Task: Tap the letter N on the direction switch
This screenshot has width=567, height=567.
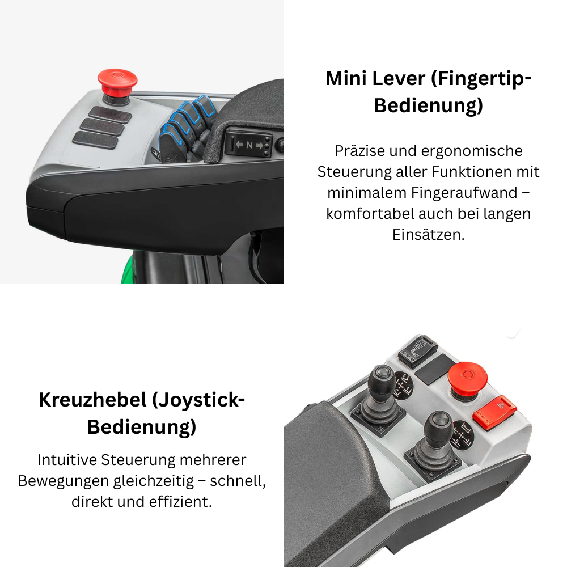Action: point(249,144)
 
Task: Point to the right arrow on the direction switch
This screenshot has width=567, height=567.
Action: point(260,145)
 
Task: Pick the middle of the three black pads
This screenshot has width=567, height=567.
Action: point(102,126)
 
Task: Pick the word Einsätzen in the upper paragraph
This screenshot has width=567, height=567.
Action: point(429,235)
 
